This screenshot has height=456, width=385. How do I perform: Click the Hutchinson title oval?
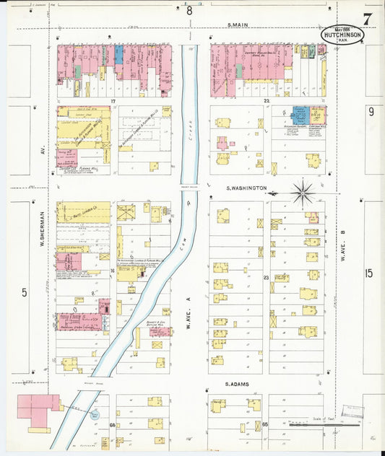pyautogui.click(x=342, y=35)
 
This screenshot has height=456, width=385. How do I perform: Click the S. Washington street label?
pyautogui.click(x=246, y=188)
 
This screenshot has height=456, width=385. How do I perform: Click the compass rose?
pyautogui.click(x=303, y=193)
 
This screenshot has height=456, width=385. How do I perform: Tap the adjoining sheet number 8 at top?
pyautogui.click(x=190, y=10)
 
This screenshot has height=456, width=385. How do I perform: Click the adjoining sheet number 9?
pyautogui.click(x=371, y=111)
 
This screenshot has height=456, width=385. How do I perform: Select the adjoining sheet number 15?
pyautogui.click(x=369, y=273)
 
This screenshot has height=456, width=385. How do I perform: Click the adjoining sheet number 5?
pyautogui.click(x=25, y=292)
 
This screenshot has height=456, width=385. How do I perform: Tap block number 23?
pyautogui.click(x=266, y=277)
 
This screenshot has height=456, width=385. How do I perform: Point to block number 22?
pyautogui.click(x=266, y=101)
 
